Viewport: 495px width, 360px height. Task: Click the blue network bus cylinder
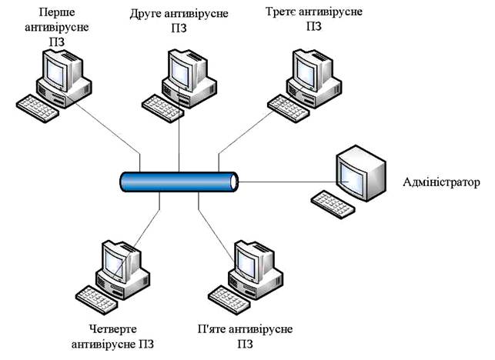[179, 182]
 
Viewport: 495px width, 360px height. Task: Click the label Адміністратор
[441, 182]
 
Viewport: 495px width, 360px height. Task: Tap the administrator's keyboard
[333, 202]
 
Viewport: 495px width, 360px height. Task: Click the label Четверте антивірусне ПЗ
[113, 336]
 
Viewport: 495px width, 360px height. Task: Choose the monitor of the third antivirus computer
[309, 70]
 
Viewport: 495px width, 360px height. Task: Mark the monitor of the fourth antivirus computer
[119, 262]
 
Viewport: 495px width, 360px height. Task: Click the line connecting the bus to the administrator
[289, 182]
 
